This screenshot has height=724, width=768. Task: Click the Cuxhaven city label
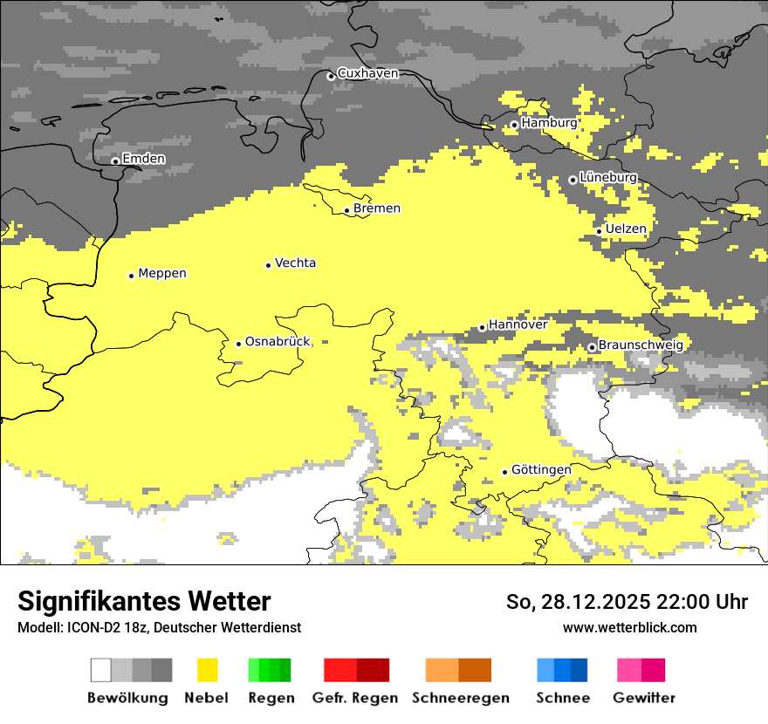click(367, 73)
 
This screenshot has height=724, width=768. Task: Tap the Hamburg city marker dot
click(515, 125)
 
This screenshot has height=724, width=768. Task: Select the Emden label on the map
click(143, 159)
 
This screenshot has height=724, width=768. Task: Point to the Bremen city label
click(377, 208)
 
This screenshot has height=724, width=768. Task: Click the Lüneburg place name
click(608, 177)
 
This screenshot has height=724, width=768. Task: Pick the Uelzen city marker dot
click(599, 231)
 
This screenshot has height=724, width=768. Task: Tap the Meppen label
click(162, 273)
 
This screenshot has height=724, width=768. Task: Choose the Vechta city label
click(295, 263)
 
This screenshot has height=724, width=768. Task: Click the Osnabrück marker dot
click(238, 344)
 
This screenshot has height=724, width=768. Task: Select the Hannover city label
click(518, 324)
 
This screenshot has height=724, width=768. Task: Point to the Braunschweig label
click(641, 345)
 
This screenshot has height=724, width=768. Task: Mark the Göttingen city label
click(541, 469)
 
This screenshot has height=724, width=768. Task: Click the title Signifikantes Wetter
click(144, 601)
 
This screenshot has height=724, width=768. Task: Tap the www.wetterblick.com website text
click(630, 627)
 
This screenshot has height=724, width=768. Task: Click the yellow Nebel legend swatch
click(207, 670)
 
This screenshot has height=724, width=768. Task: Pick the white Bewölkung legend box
click(101, 670)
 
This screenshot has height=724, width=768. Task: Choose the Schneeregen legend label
click(461, 698)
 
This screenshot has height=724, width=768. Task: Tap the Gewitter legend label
click(644, 698)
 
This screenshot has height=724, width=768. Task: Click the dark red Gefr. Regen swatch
click(373, 670)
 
